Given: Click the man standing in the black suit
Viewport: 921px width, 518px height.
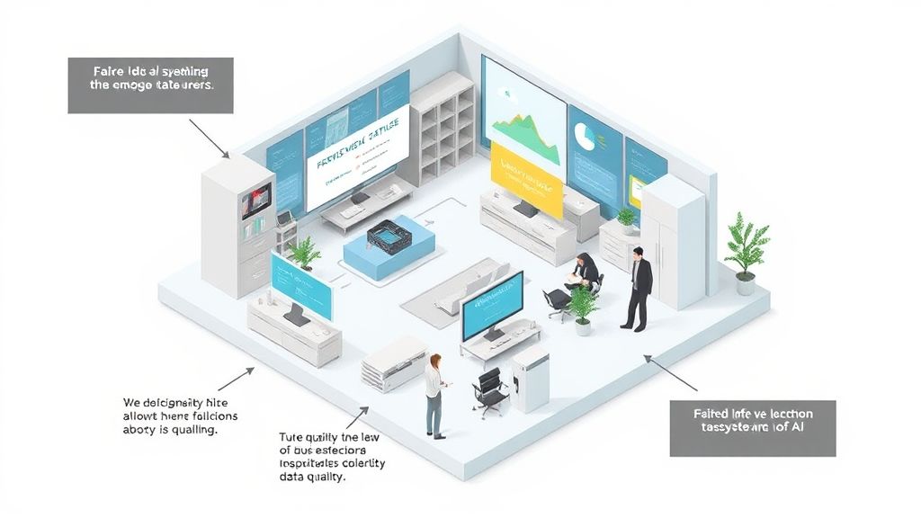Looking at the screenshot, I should pyautogui.click(x=638, y=288).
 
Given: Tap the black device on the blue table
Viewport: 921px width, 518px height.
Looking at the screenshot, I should pyautogui.click(x=389, y=234).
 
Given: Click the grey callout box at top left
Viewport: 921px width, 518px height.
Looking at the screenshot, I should pyautogui.click(x=150, y=85).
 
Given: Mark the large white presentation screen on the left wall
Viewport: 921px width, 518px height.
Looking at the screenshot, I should pyautogui.click(x=357, y=156).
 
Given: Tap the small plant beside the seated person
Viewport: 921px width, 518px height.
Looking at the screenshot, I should pyautogui.click(x=583, y=307).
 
